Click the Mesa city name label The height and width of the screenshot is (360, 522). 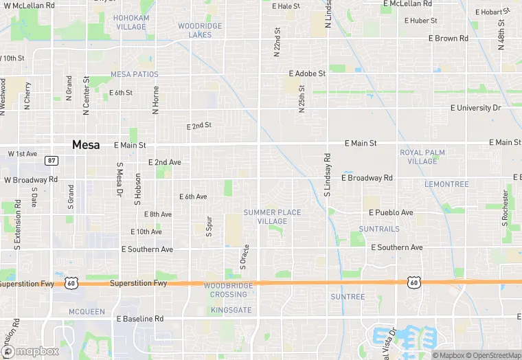(86, 145)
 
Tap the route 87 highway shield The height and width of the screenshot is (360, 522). (52, 160)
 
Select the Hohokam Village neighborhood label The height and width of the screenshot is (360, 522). (130, 22)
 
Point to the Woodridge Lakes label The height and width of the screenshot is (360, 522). (200, 30)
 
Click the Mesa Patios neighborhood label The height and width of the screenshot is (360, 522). (135, 74)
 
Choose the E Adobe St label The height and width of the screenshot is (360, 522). (307, 73)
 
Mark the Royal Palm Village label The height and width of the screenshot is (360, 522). (422, 157)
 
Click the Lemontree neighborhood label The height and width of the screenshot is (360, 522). (446, 184)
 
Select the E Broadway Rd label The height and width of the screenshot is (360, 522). (370, 178)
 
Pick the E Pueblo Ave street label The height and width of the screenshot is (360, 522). (391, 213)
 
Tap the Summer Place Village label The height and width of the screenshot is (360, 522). (272, 216)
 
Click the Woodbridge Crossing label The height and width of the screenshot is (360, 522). (229, 290)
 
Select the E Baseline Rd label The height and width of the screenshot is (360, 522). (140, 319)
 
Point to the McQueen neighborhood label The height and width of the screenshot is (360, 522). (87, 312)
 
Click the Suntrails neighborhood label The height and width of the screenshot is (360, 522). (378, 229)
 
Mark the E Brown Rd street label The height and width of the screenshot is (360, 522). (451, 38)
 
